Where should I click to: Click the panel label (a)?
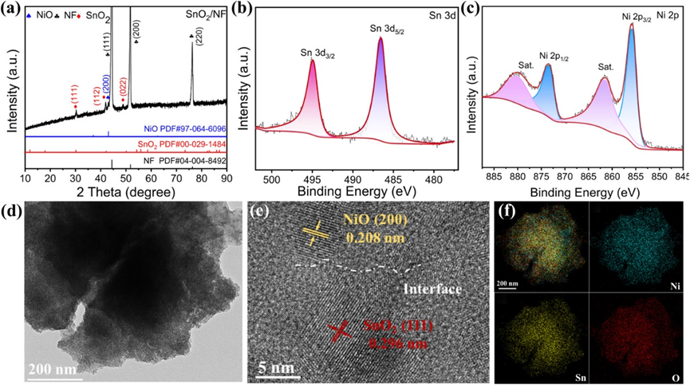15,10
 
